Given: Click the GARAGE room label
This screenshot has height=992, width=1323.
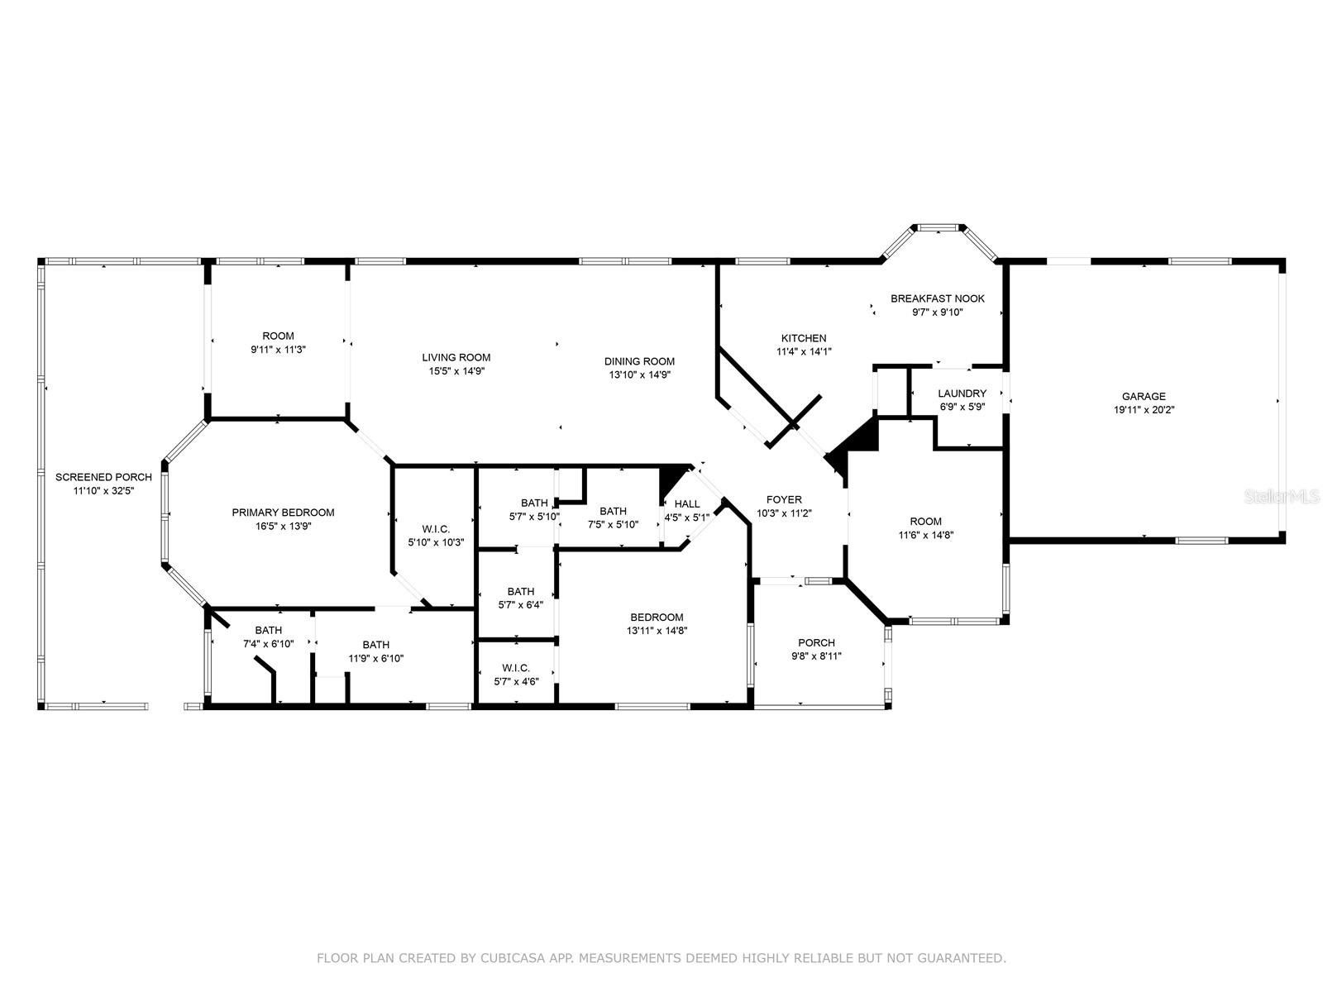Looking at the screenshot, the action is tap(1143, 396).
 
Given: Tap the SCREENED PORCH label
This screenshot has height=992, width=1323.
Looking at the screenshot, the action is tap(103, 477).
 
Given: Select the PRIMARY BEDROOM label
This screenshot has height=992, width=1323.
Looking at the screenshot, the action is tap(283, 513).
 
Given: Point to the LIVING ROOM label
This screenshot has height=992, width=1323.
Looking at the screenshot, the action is tap(456, 358).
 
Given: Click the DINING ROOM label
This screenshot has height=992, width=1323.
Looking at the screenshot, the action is tap(639, 361).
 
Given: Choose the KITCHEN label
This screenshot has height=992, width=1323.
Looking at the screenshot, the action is tap(804, 338).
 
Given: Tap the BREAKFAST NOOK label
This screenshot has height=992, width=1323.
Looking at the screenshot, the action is tap(937, 298).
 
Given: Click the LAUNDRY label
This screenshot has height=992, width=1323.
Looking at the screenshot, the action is tap(962, 393).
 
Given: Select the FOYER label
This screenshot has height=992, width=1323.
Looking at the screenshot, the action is tap(784, 500).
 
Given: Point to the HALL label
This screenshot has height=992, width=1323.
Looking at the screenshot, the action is tap(687, 504).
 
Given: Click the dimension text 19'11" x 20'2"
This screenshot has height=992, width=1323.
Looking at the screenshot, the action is tap(1144, 410).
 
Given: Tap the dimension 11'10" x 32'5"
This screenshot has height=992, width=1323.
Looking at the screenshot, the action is tap(103, 491).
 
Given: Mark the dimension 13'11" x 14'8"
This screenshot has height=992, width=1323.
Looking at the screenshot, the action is tap(657, 632).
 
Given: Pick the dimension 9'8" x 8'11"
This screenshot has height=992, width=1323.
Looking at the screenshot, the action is tap(817, 656).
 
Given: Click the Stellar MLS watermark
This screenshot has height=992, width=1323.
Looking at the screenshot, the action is tap(1282, 497).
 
